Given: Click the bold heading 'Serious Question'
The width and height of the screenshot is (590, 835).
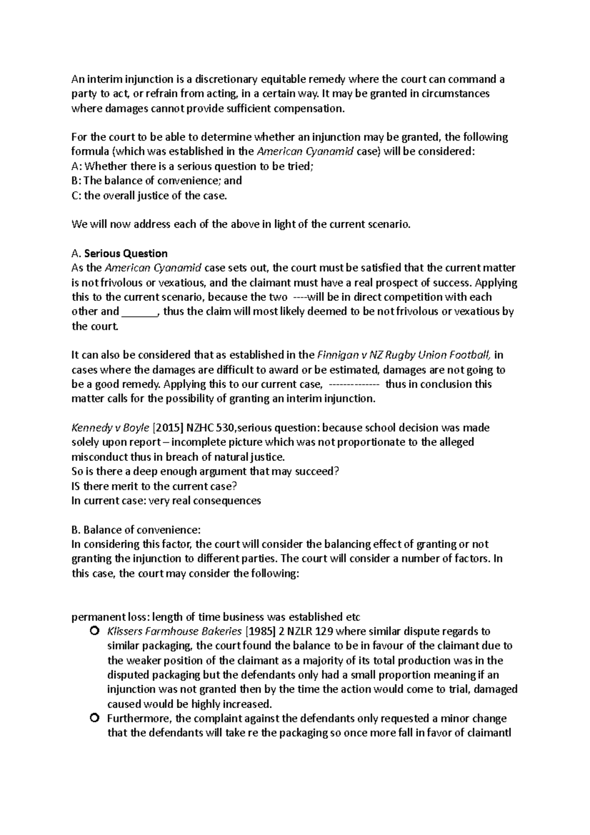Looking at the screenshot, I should pos(126,254).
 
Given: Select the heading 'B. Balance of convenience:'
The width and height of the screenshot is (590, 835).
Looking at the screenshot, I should pos(136,530).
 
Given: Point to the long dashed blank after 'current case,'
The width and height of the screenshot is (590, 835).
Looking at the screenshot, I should pos(353,384).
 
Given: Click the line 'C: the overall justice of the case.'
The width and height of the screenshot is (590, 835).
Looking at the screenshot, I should pos(150,196).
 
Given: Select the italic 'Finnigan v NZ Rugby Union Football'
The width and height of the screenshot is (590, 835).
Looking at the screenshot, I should pos(404,355).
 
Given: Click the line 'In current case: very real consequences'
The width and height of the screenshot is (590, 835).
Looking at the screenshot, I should pos(166,501).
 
